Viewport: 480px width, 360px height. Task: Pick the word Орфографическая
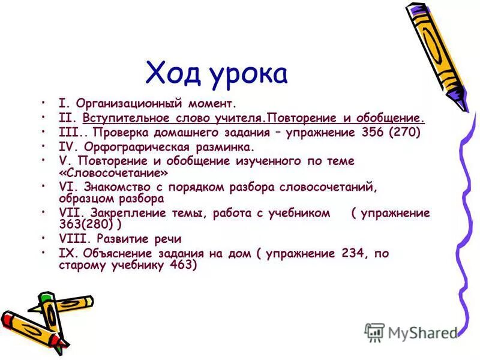tap(128, 146)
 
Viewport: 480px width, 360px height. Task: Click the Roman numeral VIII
tap(74, 239)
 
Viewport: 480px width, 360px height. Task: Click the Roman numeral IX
tap(67, 253)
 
